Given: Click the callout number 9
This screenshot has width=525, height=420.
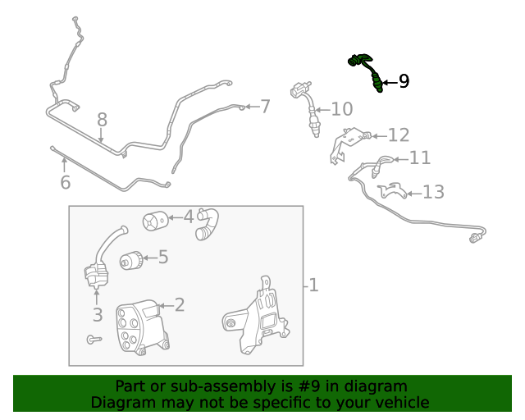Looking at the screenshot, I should tap(403, 81).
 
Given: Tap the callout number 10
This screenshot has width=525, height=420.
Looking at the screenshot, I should tap(341, 109).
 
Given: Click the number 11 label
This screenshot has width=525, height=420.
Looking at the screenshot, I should tap(419, 158).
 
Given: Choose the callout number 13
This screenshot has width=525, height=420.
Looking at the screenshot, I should tap(433, 192).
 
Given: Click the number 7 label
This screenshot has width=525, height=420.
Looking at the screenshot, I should tap(265, 106).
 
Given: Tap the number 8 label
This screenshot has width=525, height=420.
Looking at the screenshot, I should tap(102, 120).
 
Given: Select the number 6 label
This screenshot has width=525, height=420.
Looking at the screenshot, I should tap(65, 182).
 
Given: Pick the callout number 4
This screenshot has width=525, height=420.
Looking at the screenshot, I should tap(189, 217).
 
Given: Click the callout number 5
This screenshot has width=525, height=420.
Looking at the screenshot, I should tap(163, 258).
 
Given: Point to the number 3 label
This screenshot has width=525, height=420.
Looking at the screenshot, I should tap(97, 314).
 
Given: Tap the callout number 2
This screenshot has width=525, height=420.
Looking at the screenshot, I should tap(179, 305).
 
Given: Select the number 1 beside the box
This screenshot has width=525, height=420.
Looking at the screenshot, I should tap(313, 285).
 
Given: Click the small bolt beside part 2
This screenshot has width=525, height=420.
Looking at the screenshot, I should tap(93, 338).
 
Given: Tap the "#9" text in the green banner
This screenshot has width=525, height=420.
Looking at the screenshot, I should tap(321, 386).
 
